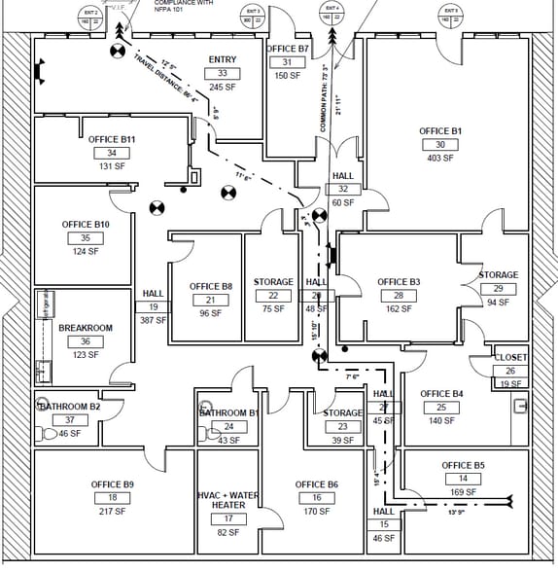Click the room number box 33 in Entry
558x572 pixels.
click(223, 73)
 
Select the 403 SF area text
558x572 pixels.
click(440, 159)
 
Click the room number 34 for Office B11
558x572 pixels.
click(112, 153)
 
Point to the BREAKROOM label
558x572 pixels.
click(86, 328)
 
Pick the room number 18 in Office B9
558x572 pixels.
click(113, 497)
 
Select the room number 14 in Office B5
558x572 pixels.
click(463, 479)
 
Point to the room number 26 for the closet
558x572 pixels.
click(510, 371)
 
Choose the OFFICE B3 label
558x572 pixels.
click(399, 282)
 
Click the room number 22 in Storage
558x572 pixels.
click(273, 296)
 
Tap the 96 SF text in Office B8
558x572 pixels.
click(211, 313)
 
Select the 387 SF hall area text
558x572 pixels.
click(154, 320)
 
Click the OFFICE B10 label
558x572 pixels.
click(86, 225)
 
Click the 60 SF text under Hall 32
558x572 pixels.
click(343, 202)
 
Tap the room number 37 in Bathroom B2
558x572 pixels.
click(69, 420)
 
